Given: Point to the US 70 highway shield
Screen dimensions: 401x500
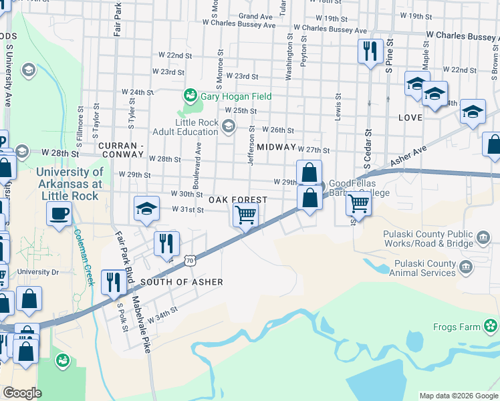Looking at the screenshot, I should pyautogui.click(x=191, y=260).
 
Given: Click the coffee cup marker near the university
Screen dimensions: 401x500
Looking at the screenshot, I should pyautogui.click(x=59, y=214).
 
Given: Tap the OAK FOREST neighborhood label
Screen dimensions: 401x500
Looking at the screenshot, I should pyautogui.click(x=237, y=200).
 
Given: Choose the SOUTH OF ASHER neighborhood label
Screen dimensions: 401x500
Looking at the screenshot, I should pyautogui.click(x=181, y=282).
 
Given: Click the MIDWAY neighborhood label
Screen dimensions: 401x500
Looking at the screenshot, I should pyautogui.click(x=276, y=146).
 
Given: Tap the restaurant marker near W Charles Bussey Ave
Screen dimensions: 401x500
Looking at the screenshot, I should pyautogui.click(x=370, y=51).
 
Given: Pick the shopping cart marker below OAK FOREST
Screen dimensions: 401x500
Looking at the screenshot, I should pyautogui.click(x=245, y=215).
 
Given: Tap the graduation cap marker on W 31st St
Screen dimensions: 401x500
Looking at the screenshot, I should pyautogui.click(x=146, y=208).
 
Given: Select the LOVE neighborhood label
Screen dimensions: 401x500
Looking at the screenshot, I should pyautogui.click(x=410, y=118).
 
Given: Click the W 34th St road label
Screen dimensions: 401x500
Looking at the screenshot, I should pyautogui.click(x=163, y=315).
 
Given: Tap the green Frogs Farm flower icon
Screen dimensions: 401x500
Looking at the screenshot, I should pyautogui.click(x=492, y=326).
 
